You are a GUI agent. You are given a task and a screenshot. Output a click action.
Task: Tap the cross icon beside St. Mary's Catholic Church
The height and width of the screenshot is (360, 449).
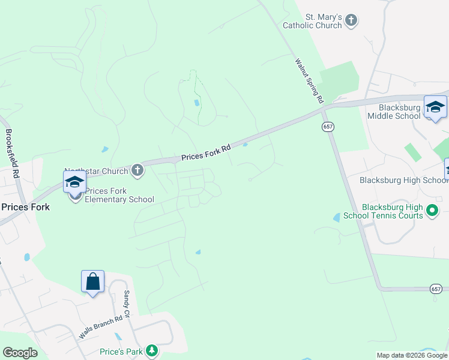click(352, 21)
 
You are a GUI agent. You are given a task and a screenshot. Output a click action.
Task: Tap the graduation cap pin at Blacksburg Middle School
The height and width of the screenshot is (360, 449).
click(435, 107)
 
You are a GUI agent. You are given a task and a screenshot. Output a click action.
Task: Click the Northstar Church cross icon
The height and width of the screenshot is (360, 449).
click(137, 170)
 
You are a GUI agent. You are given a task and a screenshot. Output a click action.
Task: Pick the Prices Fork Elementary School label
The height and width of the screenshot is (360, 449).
click(119, 196)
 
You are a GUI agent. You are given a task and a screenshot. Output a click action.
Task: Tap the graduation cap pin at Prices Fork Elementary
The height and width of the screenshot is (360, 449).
click(75, 182)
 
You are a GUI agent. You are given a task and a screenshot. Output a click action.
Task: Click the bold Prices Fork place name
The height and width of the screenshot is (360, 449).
click(25, 206)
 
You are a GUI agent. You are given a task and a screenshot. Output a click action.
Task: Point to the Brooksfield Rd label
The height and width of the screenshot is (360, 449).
click(13, 154)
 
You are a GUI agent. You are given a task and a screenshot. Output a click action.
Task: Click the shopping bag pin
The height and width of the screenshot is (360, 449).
click(93, 281)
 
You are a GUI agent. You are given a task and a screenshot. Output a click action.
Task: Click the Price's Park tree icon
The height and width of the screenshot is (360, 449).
click(152, 350)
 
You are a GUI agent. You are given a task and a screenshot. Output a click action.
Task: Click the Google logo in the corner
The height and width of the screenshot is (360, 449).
click(20, 353)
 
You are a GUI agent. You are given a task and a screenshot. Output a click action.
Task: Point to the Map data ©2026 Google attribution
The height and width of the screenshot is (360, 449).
click(412, 355)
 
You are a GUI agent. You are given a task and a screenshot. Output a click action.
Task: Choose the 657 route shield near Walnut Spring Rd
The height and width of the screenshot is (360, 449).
click(328, 127)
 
